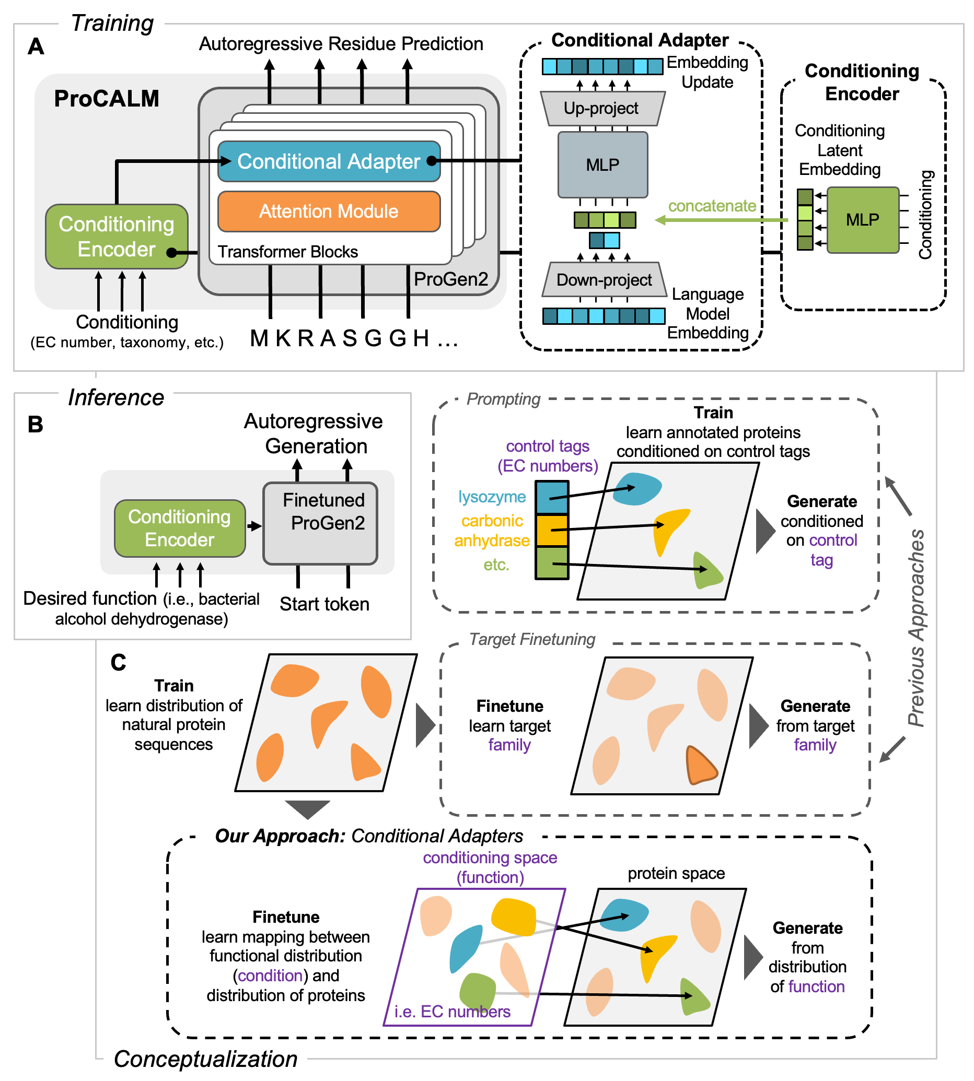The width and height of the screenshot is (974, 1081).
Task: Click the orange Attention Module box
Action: (329, 211)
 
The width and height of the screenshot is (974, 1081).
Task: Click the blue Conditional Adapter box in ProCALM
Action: (329, 161)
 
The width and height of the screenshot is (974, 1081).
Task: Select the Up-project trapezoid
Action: (602, 108)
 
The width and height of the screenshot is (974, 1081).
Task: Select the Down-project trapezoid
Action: (604, 279)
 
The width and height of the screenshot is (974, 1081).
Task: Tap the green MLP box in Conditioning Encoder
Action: (862, 219)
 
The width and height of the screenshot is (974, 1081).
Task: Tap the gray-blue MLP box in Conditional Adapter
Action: (602, 164)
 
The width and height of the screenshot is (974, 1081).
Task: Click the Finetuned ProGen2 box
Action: (320, 523)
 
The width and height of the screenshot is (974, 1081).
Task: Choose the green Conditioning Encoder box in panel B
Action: (180, 528)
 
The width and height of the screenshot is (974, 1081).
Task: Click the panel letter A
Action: (36, 46)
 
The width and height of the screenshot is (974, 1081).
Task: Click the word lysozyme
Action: (492, 497)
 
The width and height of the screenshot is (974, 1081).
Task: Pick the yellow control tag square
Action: (552, 530)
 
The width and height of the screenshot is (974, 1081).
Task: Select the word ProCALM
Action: (107, 98)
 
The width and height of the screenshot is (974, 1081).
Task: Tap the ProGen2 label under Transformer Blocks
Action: (450, 279)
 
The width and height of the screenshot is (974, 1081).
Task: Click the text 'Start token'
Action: (324, 604)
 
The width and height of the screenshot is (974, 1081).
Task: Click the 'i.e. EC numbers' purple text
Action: (452, 1012)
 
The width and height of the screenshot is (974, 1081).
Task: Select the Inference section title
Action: (116, 397)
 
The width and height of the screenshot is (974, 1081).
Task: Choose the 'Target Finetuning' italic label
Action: (532, 639)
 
